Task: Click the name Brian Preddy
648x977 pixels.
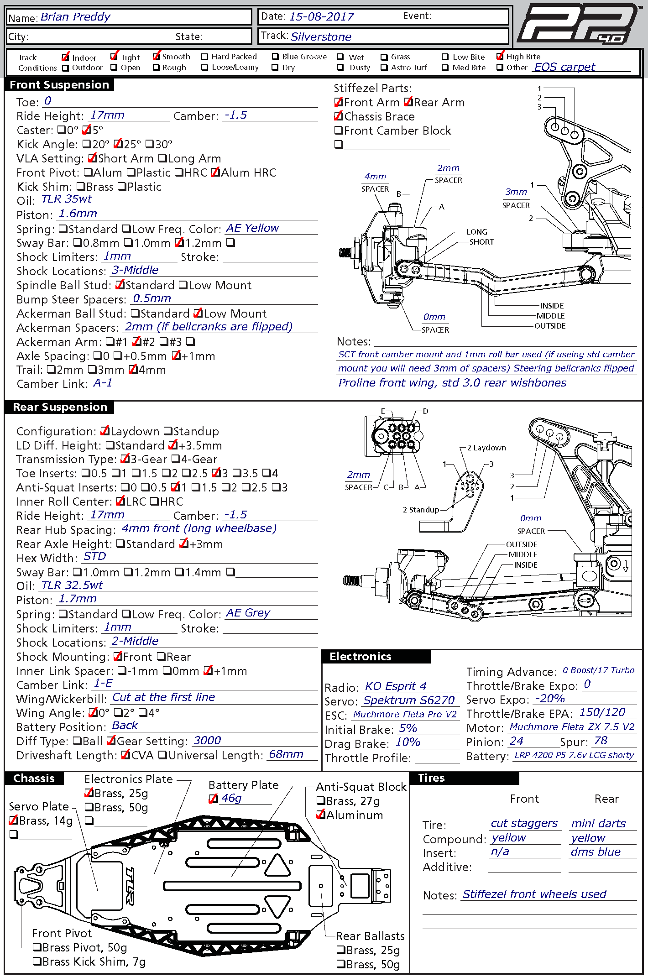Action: pos(75,17)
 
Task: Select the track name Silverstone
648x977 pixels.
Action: pos(321,37)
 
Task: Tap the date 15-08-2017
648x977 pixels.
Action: pos(321,17)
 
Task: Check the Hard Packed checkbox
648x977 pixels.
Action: pos(205,57)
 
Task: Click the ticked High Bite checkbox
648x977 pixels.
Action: pos(500,57)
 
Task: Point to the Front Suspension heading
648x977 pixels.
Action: pos(59,85)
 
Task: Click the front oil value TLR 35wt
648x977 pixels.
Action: pos(67,199)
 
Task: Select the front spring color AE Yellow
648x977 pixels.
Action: pos(252,228)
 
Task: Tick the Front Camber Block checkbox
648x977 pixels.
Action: pos(339,131)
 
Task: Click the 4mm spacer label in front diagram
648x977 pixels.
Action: pos(375,177)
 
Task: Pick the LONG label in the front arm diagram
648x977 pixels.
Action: pos(477,232)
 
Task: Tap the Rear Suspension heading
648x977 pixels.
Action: pos(60,407)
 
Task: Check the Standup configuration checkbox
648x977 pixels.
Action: pos(168,431)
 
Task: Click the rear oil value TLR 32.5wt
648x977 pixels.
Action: pos(72,585)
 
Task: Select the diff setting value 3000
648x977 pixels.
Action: pos(207,741)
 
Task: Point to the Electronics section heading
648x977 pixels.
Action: pos(361,657)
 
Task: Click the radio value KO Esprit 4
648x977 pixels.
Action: pos(396,686)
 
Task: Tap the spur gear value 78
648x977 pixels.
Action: pos(601,741)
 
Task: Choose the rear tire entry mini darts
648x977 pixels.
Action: pos(598,824)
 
